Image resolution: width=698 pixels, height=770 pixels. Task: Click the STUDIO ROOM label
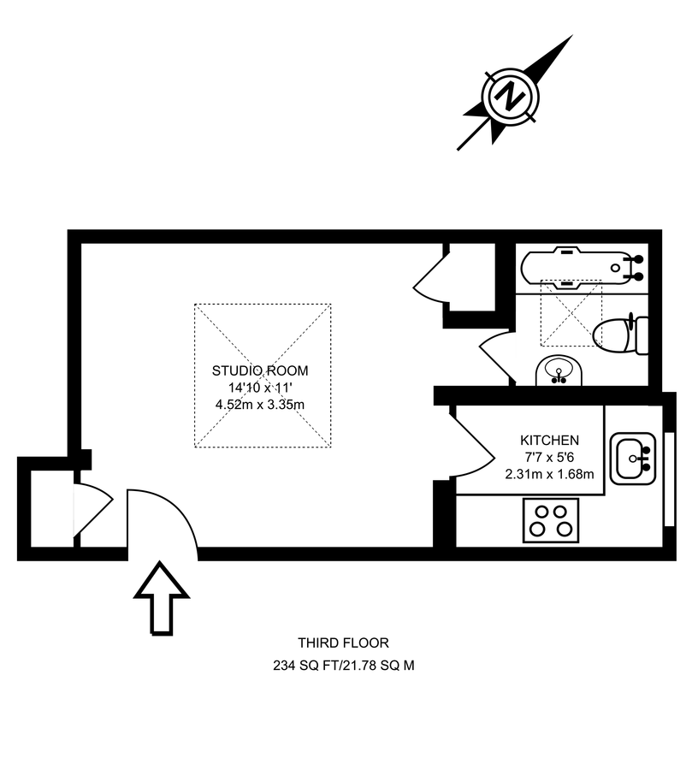tap(260, 370)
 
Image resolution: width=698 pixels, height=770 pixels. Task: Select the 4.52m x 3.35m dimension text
tap(260, 405)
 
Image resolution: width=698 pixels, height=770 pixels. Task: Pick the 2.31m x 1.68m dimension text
tap(550, 474)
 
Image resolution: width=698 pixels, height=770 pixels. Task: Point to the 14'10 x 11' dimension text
tap(260, 388)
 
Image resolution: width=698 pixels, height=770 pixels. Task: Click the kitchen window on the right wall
tap(669, 480)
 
